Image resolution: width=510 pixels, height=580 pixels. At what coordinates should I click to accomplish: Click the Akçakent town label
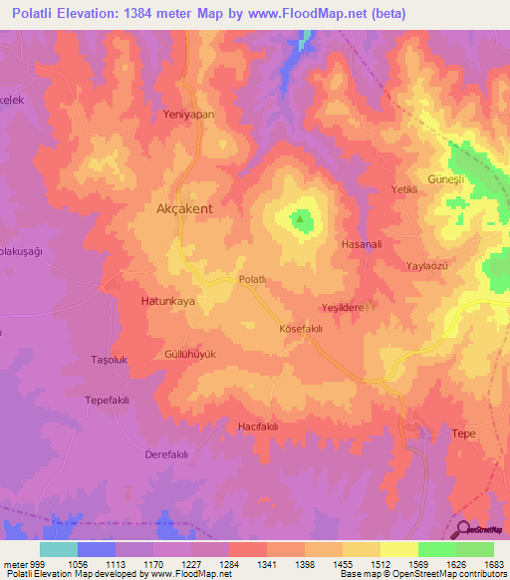click(184, 210)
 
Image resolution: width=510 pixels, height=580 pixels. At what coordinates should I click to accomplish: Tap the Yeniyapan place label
click(188, 115)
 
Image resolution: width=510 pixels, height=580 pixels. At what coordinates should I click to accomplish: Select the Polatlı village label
click(252, 280)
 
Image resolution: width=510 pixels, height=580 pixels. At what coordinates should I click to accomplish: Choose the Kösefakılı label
click(301, 328)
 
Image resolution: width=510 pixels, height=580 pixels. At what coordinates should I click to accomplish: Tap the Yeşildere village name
click(343, 308)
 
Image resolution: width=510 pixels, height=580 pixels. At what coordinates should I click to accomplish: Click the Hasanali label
click(362, 244)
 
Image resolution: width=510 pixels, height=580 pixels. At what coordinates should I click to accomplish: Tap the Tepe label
click(464, 434)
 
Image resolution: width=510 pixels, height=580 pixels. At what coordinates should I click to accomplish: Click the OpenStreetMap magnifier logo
click(462, 530)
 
